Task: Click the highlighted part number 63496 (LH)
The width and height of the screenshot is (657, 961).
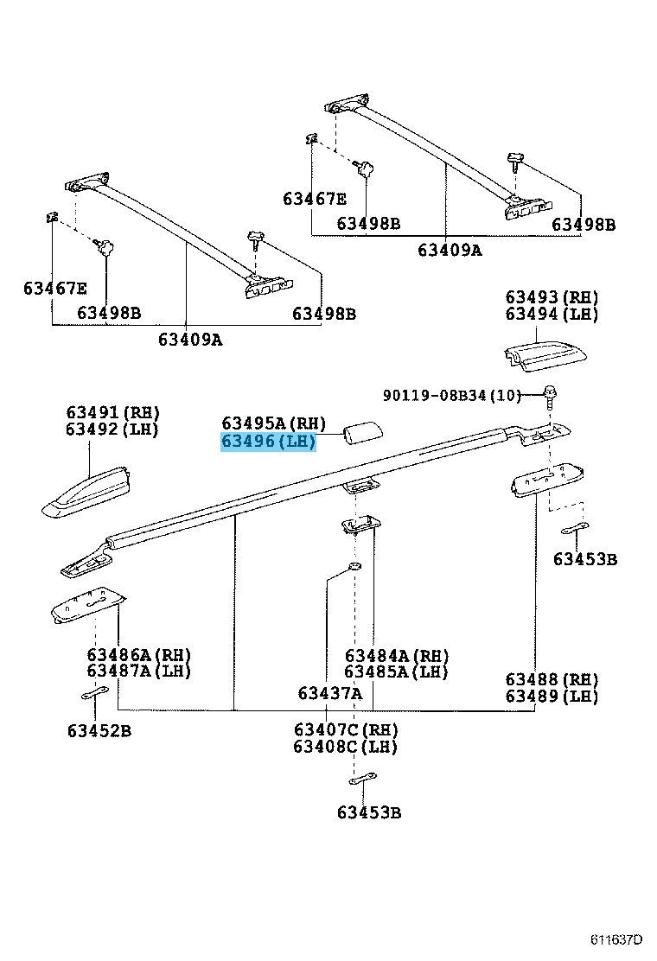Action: point(269,442)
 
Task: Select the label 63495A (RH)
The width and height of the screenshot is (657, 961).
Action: point(273,423)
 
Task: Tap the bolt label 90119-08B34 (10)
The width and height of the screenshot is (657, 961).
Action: point(451,395)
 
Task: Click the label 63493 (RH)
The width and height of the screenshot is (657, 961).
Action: point(552,297)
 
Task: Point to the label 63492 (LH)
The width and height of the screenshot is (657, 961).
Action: point(112,429)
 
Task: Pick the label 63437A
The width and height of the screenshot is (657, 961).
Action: point(329,693)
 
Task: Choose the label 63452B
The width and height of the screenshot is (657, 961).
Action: point(99,730)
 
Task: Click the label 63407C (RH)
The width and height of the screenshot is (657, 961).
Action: point(346,730)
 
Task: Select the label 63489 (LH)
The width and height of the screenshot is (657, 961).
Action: point(552,697)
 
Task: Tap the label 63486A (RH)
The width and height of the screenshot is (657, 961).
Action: point(139,654)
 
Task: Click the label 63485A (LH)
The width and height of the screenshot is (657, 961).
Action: point(397,671)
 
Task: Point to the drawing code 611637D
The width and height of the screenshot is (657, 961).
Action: point(616,939)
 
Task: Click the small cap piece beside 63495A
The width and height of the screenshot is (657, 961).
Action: point(364,432)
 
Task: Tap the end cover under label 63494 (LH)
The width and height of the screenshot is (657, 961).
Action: point(545,356)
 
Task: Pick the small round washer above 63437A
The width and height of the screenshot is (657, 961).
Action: point(354,566)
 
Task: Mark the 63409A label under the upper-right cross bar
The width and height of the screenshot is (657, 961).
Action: point(450,250)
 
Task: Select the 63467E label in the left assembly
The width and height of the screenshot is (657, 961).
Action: point(55,288)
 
